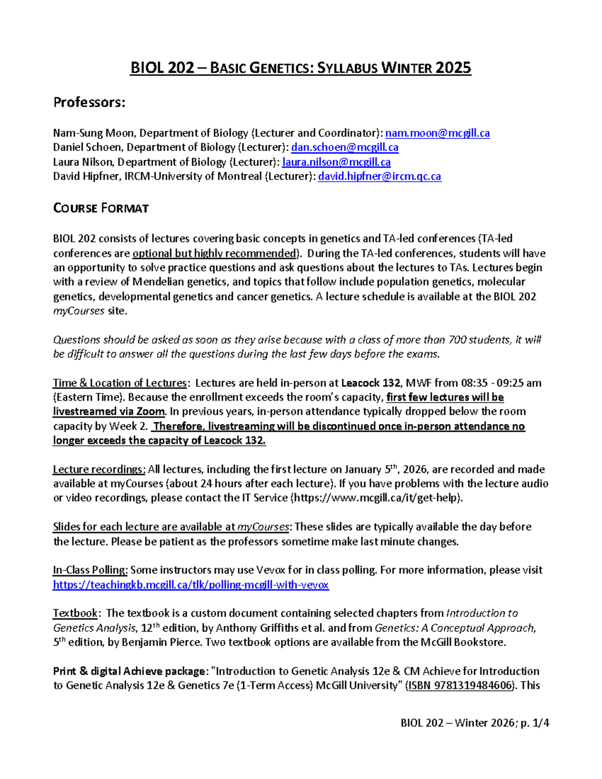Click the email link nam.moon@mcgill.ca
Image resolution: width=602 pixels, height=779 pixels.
(437, 133)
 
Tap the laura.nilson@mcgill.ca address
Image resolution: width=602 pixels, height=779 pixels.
(336, 162)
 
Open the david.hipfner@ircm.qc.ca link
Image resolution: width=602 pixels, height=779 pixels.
(380, 177)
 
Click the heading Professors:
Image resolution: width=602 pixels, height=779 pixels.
(89, 102)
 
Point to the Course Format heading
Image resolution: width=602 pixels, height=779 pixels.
(101, 208)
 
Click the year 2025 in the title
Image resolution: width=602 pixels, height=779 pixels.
(453, 68)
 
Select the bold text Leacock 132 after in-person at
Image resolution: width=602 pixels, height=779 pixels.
(370, 383)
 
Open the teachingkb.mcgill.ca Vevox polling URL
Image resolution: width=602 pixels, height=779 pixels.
(191, 585)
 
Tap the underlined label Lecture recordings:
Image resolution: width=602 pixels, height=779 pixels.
(99, 470)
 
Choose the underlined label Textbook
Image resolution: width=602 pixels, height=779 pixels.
(75, 613)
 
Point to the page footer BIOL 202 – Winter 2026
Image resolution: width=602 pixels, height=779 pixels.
(458, 723)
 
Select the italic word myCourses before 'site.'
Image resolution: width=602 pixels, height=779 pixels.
(78, 311)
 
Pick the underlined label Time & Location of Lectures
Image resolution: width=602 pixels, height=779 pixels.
(119, 383)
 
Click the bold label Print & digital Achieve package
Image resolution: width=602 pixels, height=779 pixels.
(129, 671)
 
